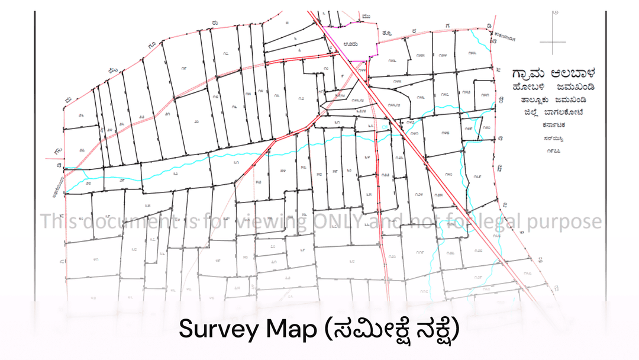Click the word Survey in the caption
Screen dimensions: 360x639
tap(214, 330)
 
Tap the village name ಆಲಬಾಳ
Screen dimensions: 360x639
tap(572, 73)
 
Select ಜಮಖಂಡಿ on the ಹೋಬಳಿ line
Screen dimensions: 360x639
tap(572, 88)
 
